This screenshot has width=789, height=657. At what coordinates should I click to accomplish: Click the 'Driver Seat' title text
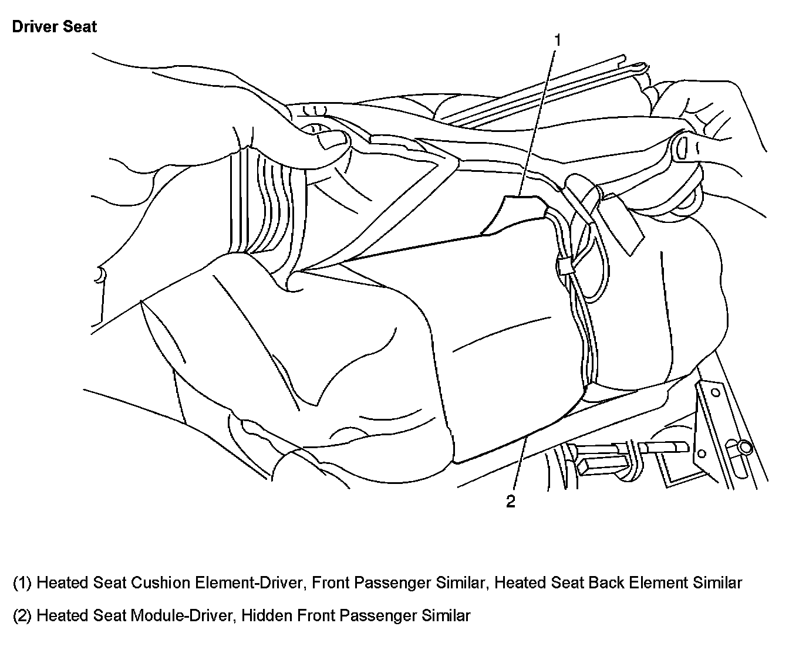[54, 27]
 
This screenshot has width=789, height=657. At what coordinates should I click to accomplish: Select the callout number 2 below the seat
[511, 502]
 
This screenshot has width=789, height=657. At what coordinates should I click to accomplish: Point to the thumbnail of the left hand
[330, 141]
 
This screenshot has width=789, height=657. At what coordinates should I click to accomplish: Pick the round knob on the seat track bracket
[746, 449]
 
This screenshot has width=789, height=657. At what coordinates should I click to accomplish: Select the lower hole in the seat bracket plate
[700, 452]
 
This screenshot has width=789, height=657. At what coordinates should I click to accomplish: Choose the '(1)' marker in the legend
[22, 583]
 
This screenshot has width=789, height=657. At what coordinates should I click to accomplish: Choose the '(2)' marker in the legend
[22, 616]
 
